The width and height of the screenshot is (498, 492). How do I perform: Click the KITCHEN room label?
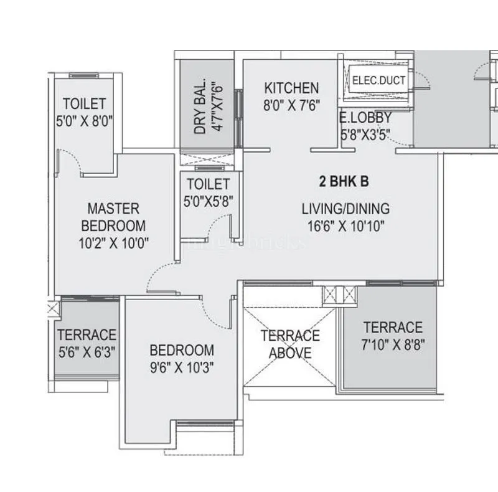click(291, 88)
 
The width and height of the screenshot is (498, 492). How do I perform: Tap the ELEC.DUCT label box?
click(378, 80)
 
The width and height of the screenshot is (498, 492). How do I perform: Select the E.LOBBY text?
click(365, 117)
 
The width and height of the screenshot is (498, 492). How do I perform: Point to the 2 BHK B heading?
click(344, 182)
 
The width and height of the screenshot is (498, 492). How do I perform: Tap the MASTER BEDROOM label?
click(113, 216)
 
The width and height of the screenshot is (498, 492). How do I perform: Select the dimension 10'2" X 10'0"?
click(113, 243)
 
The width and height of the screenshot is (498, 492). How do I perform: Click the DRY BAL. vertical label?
click(200, 110)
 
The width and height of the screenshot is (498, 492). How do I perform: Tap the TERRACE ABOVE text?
click(290, 344)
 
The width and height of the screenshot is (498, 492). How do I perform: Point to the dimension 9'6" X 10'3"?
click(181, 367)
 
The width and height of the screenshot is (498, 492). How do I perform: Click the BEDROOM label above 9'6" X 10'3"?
click(181, 350)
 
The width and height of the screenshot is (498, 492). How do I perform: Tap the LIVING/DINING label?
click(345, 209)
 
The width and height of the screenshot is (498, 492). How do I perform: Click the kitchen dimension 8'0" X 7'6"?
click(291, 105)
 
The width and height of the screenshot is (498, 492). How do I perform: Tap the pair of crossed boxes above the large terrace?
click(340, 295)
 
